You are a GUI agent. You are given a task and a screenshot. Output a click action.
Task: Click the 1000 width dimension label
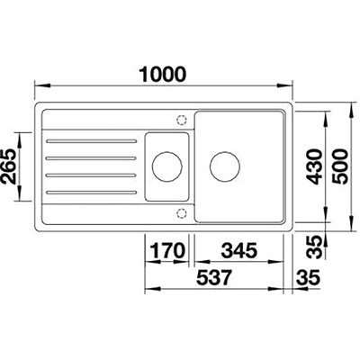(x=163, y=74)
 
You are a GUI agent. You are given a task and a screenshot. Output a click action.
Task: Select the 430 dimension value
(x=315, y=166)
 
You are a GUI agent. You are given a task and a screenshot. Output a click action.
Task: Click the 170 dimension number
(x=167, y=250)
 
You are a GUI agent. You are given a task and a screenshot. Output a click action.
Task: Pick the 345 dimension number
(x=239, y=250)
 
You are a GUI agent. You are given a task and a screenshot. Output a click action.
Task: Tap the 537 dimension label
(x=214, y=277)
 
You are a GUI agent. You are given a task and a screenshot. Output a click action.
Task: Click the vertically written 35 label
(x=315, y=247)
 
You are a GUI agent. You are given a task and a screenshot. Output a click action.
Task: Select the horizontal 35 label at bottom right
(x=309, y=277)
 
